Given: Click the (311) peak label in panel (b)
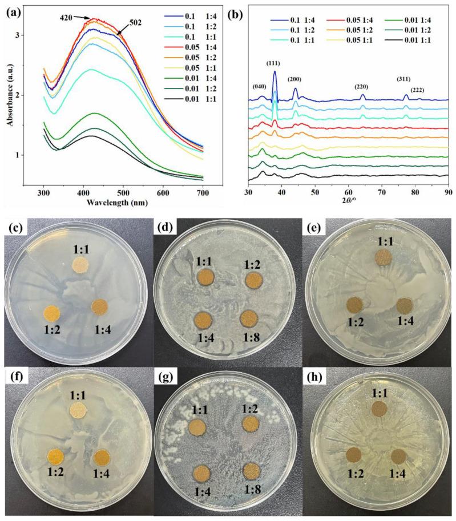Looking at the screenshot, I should click(406, 79).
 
